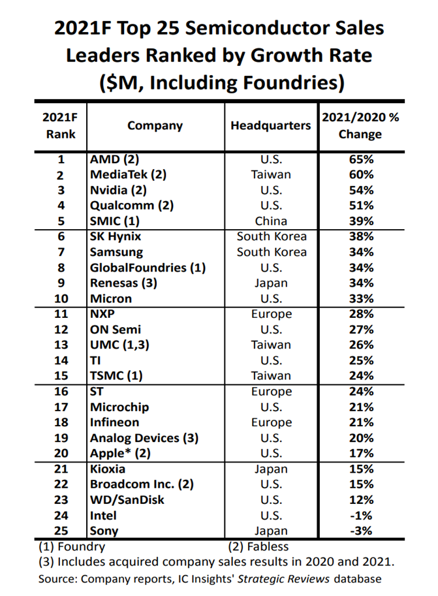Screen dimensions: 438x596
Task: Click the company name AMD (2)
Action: [114, 159]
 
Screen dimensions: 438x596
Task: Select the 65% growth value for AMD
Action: [361, 159]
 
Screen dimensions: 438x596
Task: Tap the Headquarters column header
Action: [271, 125]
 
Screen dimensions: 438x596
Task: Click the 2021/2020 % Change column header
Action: [360, 125]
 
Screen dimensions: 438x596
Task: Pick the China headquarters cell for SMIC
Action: [271, 221]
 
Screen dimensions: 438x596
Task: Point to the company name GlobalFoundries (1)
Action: [148, 268]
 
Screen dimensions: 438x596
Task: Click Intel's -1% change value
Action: [361, 516]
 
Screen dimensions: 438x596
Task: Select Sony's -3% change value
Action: [361, 531]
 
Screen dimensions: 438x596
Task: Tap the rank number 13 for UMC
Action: [61, 345]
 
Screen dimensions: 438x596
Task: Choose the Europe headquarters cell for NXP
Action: [272, 315]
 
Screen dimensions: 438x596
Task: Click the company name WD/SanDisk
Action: [127, 500]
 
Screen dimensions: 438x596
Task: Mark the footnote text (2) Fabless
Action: [258, 546]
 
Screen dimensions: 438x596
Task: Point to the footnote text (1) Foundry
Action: [72, 546]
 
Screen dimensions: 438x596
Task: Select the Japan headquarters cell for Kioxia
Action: [271, 469]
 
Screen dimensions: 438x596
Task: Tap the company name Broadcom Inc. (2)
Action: [142, 484]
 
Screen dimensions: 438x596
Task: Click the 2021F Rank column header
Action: [60, 125]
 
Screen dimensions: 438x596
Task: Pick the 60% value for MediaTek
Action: [361, 175]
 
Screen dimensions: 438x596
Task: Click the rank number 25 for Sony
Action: [61, 531]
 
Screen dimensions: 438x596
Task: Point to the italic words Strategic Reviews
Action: [284, 579]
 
